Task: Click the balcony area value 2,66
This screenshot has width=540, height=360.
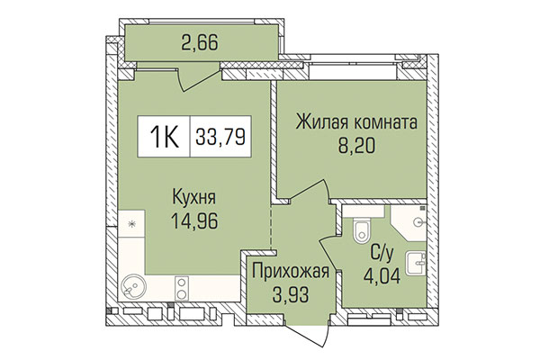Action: [200, 41]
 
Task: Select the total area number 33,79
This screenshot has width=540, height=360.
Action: [221, 139]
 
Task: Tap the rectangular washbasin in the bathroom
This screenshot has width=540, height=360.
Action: [416, 263]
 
